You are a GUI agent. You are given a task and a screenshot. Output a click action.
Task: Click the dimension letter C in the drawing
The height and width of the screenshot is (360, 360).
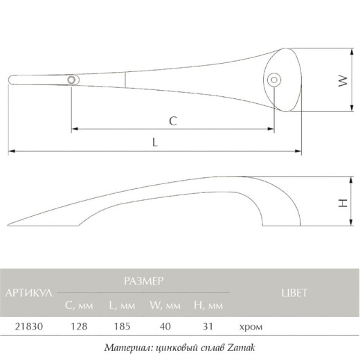[x=173, y=120]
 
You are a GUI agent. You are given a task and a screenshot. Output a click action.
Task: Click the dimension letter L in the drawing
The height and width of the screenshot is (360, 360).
[x=155, y=142]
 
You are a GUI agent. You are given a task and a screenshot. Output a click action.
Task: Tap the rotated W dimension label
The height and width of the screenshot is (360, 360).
[x=343, y=81]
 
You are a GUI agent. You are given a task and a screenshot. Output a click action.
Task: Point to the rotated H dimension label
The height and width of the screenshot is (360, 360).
[x=343, y=203]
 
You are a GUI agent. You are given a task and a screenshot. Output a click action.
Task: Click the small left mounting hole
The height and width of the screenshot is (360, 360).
[x=71, y=80]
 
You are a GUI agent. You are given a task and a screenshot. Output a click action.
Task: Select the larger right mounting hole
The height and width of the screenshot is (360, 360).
[x=274, y=80]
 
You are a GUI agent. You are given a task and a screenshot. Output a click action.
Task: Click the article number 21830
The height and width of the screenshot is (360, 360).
[x=29, y=327]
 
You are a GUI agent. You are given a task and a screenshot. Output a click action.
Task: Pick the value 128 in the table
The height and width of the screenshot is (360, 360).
[x=79, y=327]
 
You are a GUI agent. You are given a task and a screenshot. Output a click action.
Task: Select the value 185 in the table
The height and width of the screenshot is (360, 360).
[x=122, y=327]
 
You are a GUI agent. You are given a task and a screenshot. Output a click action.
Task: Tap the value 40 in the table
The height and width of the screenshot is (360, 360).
[x=165, y=327]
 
